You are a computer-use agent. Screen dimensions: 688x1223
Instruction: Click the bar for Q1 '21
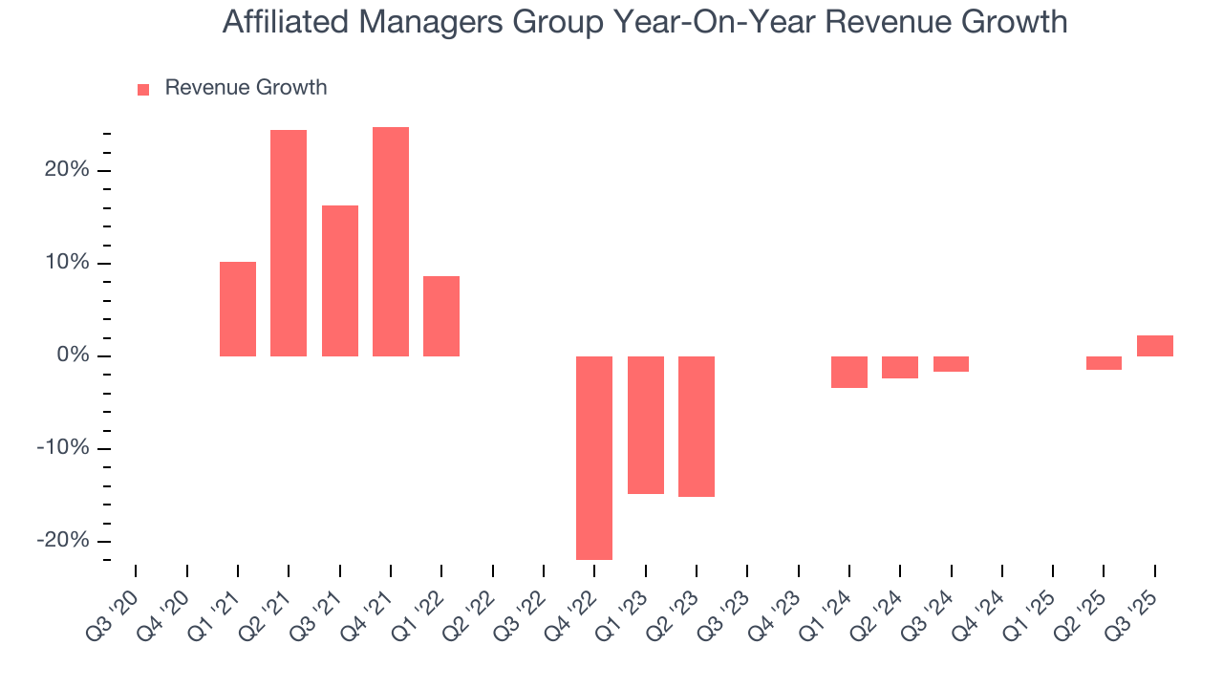point(238,309)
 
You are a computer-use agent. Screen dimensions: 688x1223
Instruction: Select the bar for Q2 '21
point(289,243)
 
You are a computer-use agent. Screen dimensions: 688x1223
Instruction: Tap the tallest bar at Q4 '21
point(391,242)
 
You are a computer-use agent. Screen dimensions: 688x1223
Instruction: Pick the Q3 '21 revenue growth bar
point(340,281)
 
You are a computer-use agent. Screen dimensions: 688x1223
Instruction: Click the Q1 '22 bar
point(441,316)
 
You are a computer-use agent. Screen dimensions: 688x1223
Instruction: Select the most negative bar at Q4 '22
point(594,458)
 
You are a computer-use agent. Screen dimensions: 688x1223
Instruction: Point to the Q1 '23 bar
point(646,425)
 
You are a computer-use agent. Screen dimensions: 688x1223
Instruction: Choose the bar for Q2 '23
point(697,426)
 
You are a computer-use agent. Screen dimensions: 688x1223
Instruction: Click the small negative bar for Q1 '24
point(849,372)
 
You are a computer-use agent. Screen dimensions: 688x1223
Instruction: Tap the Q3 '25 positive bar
point(1155,346)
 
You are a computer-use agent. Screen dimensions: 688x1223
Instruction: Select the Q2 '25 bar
point(1104,363)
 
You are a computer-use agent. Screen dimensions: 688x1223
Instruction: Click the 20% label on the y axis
point(66,171)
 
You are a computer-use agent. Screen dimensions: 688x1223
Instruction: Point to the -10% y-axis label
point(62,448)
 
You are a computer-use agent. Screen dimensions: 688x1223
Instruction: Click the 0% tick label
point(72,356)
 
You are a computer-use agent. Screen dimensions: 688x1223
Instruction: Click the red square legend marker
point(143,90)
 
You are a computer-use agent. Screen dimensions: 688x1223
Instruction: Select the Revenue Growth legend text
point(246,88)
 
